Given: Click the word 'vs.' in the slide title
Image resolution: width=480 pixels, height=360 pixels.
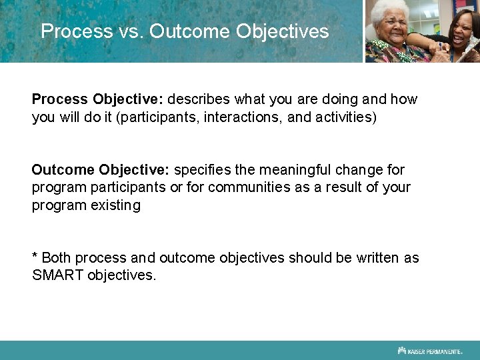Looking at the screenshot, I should tap(127, 31).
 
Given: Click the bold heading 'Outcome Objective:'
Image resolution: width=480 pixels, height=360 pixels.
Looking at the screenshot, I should tap(101, 170).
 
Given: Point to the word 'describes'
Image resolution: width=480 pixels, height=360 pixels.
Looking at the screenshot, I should tap(198, 99).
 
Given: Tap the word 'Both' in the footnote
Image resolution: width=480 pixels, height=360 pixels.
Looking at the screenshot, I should tap(57, 257).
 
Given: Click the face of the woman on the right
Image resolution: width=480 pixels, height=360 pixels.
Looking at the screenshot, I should tap(461, 27).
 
